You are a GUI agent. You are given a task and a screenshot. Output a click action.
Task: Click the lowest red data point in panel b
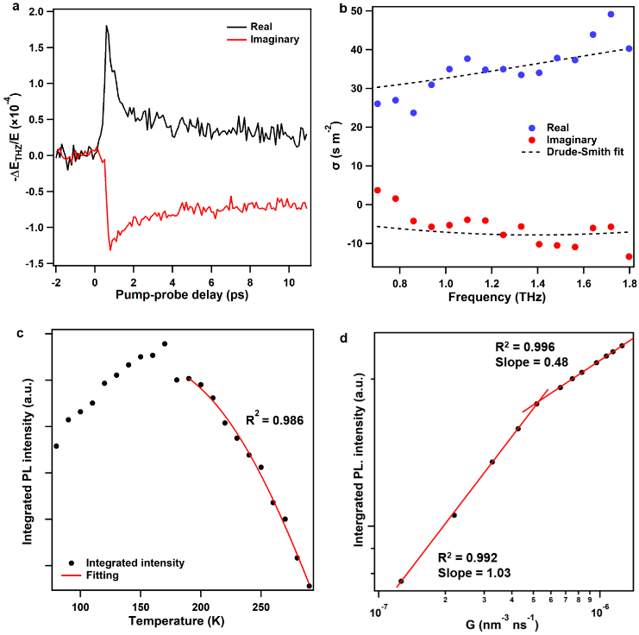click(629, 256)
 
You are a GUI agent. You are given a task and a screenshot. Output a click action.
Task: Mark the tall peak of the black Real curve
click(106, 26)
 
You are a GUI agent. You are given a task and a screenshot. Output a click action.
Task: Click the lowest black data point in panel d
click(401, 581)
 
